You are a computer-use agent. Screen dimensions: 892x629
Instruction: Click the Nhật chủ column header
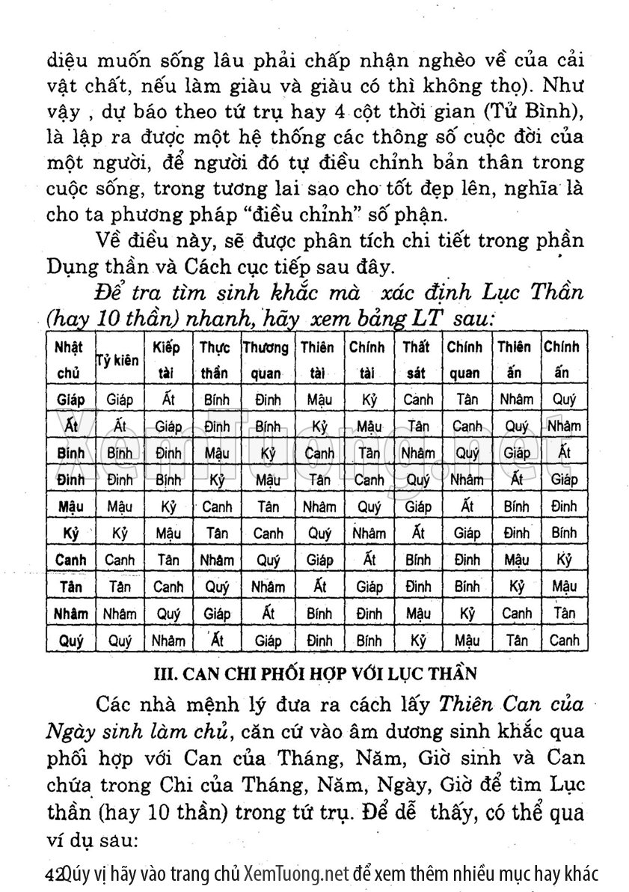[70, 358]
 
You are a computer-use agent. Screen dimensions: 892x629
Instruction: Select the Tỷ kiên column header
[118, 360]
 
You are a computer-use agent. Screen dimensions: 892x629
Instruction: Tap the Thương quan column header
[266, 358]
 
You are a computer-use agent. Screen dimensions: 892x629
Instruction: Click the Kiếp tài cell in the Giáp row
[168, 400]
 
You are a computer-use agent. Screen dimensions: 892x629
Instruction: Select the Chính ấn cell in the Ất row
[563, 426]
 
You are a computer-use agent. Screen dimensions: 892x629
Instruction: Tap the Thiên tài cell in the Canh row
[319, 560]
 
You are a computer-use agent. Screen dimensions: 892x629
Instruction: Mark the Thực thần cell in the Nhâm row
[217, 614]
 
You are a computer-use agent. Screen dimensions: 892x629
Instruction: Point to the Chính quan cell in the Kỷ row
[467, 534]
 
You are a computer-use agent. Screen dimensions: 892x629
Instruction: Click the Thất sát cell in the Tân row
[417, 587]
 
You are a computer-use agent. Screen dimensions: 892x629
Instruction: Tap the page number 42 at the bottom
[53, 873]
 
